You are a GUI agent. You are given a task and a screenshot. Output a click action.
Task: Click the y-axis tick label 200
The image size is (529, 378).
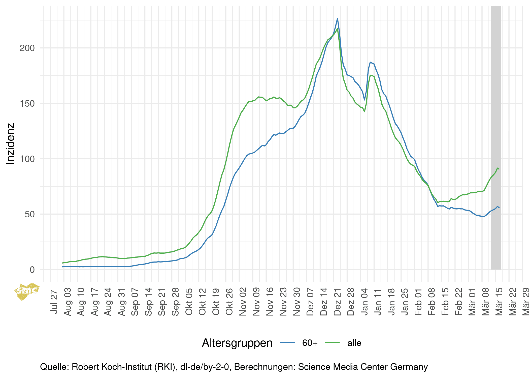[27, 48]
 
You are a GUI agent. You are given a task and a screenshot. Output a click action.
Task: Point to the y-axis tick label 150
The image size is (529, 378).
[27, 103]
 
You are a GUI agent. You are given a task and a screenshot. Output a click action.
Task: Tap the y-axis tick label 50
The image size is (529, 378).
[29, 214]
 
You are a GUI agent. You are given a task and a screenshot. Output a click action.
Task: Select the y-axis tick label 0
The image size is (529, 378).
[32, 270]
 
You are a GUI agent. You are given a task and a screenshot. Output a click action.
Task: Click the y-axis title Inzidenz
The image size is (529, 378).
[11, 144]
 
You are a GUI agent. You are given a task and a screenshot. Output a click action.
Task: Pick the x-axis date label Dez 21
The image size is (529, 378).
[337, 302]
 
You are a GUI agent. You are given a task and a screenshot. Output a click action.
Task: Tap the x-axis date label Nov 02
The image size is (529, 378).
[243, 302]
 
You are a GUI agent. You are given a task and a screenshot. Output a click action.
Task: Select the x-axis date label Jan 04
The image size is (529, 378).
[364, 302]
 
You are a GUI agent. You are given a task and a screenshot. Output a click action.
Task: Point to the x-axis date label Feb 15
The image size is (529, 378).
[445, 302]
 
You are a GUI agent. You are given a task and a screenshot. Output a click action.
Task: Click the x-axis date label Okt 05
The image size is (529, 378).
[189, 302]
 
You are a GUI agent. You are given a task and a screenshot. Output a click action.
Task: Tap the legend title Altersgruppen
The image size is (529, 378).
[237, 343]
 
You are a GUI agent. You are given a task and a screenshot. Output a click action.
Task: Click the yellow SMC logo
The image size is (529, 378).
[26, 291]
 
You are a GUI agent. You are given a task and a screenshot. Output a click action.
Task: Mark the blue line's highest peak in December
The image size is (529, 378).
[338, 18]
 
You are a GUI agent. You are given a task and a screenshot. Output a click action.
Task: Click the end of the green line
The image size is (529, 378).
[499, 169]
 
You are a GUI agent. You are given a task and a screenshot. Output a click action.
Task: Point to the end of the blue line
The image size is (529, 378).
[499, 208]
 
